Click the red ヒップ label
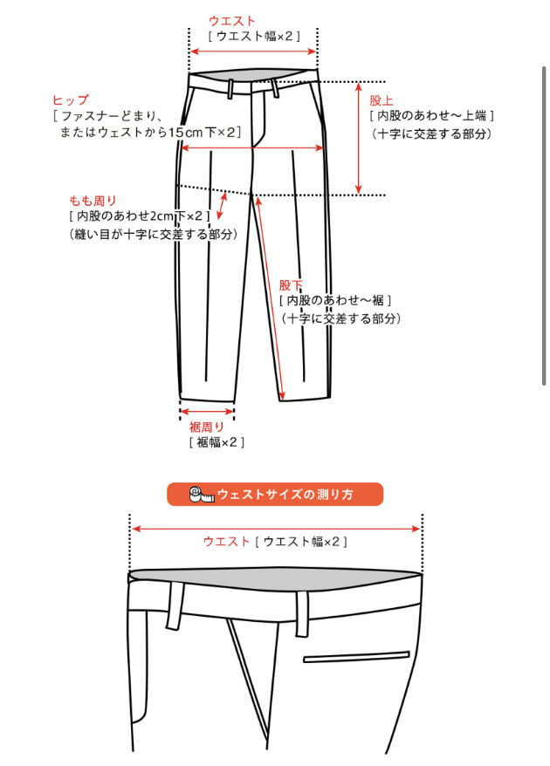coord(71,100)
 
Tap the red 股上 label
coord(382,100)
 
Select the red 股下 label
coord(291,285)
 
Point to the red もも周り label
coord(93,201)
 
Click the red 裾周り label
coord(207,427)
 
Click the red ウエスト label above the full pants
coord(231,21)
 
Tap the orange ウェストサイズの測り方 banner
coord(275,494)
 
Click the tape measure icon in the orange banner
coord(202,495)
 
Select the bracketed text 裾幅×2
coord(217,442)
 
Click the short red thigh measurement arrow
coord(222,206)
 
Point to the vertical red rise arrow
coord(358,138)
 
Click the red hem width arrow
coord(207,412)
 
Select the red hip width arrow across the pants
coord(252,147)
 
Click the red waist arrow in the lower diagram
coord(276,529)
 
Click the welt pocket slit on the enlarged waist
coord(356,657)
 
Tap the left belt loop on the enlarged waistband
coord(175,605)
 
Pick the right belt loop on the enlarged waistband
coord(302,614)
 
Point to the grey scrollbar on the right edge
coord(544,226)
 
